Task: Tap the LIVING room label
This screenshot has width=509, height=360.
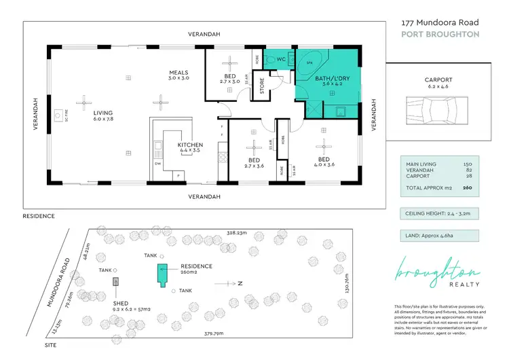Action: [x=103, y=113]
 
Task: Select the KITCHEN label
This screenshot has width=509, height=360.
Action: [x=191, y=145]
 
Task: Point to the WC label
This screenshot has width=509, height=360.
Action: [x=281, y=59]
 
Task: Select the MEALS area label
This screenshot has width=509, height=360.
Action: [x=178, y=73]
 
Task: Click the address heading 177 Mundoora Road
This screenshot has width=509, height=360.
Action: [x=440, y=22]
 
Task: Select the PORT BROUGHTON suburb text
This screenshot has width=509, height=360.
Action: [x=440, y=34]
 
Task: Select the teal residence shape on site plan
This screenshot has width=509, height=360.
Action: [x=162, y=275]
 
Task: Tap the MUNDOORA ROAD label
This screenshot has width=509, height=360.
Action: [x=60, y=282]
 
